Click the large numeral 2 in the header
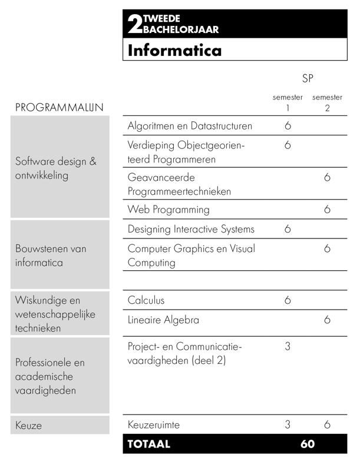(134, 25)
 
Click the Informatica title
(174, 50)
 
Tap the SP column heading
(307, 78)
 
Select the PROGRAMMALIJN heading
(59, 108)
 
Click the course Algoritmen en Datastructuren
(190, 126)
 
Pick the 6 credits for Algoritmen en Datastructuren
(288, 126)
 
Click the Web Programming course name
(169, 210)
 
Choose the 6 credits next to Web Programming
(327, 210)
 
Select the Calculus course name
(146, 300)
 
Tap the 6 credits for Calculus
(288, 300)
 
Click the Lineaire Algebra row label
(163, 320)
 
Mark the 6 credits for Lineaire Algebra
(327, 320)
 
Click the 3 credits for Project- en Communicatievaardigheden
(288, 347)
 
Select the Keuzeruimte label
(154, 424)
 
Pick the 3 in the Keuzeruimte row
(288, 424)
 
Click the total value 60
(308, 445)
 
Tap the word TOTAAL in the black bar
(148, 445)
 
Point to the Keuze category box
(59, 425)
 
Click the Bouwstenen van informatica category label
(51, 256)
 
